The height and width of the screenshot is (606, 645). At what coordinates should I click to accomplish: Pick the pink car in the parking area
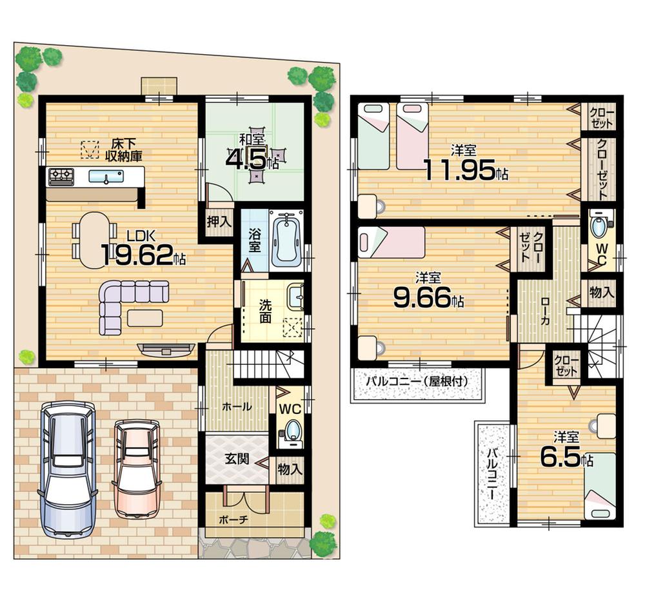(x=136, y=468)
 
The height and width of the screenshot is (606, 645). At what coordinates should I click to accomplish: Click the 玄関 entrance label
(x=236, y=459)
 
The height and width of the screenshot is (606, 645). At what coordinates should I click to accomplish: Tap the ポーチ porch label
(x=233, y=519)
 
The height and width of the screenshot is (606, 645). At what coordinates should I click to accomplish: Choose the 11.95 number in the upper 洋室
(x=464, y=170)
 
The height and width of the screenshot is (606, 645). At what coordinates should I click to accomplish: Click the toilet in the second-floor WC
(x=599, y=228)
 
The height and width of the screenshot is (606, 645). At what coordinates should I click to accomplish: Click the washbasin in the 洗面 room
(x=296, y=298)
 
